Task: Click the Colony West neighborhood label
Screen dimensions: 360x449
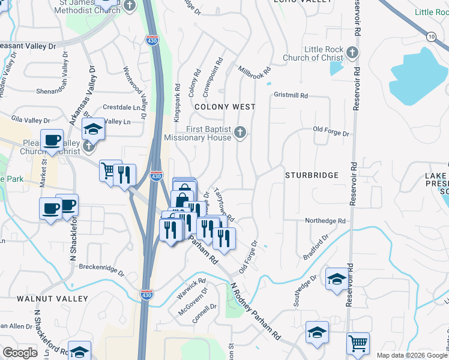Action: coord(225,107)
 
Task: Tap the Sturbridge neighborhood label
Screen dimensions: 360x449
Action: coord(312,175)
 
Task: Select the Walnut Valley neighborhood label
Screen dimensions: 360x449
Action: coord(52,298)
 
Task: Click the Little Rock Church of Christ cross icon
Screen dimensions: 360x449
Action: coord(352,53)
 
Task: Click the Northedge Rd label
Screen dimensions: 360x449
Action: coord(325,221)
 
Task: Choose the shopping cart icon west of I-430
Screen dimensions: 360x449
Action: coord(110,170)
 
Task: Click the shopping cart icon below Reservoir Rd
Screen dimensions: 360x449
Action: coord(358,343)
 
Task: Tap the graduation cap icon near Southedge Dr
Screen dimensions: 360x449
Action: coord(337,278)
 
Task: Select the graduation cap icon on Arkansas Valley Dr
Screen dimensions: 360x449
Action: coord(93,128)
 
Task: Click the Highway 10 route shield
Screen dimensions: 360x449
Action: coord(431,37)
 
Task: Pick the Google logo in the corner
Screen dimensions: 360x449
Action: coord(20,353)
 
